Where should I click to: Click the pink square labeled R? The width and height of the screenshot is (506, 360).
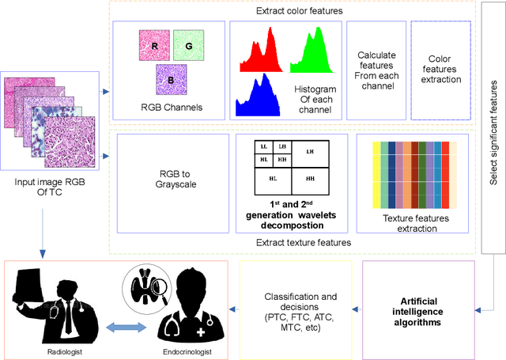pos(155,46)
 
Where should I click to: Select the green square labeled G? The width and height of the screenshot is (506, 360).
pos(189,46)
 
